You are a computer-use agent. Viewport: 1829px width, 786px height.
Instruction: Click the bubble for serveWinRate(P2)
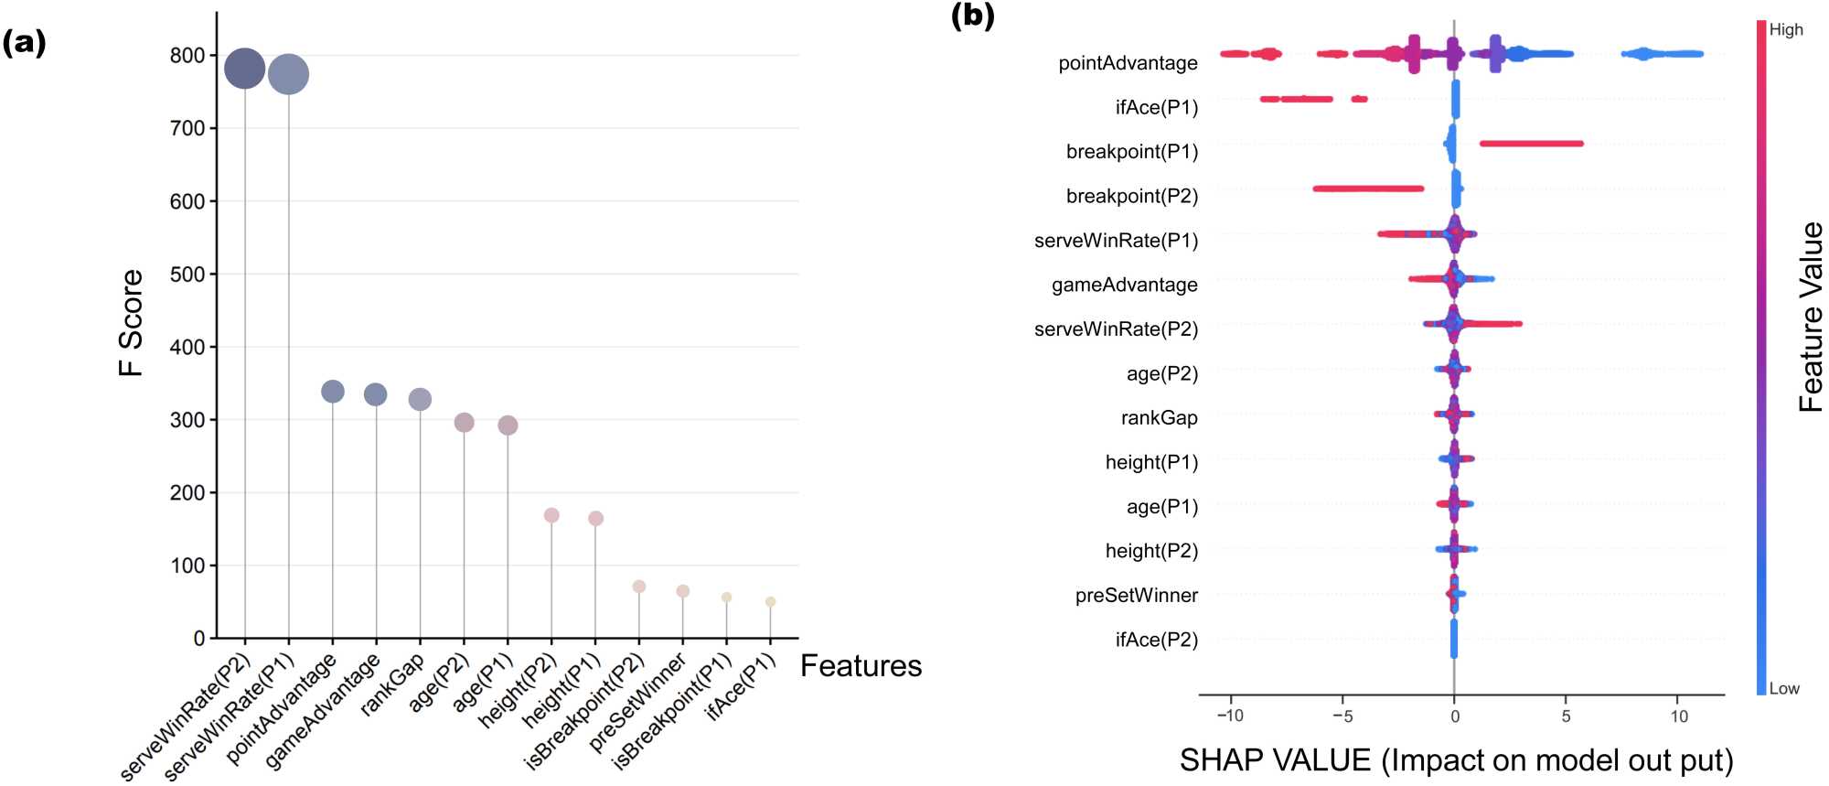(244, 69)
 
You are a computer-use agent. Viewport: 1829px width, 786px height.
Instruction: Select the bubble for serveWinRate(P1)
(288, 74)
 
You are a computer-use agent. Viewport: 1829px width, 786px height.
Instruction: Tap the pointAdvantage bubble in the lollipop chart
(333, 392)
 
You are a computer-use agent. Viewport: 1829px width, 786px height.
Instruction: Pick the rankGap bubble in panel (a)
(420, 399)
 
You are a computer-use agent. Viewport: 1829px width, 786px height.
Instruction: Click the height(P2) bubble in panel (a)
(551, 515)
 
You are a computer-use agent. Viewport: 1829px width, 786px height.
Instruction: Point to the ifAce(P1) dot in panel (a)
(770, 601)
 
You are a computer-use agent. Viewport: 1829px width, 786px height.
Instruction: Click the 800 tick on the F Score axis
(187, 56)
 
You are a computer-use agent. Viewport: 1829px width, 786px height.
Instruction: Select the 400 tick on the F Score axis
(187, 347)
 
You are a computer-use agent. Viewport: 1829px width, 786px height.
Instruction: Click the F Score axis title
(131, 322)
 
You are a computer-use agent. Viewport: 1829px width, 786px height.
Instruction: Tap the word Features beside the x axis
(861, 665)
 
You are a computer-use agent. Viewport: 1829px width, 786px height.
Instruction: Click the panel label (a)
(25, 42)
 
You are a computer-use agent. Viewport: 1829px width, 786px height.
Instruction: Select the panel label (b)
(972, 16)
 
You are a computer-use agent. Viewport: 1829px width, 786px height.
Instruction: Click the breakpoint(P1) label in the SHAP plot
(1131, 152)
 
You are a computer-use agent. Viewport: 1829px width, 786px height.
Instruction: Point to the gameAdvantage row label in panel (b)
(1124, 285)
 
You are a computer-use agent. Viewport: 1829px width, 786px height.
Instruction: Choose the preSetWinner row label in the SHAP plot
(1136, 596)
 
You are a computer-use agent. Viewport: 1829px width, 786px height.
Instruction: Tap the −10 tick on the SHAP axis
(1229, 716)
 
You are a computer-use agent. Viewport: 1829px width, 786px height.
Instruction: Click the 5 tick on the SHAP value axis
(1566, 716)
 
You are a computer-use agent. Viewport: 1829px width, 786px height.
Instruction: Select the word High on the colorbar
(1785, 29)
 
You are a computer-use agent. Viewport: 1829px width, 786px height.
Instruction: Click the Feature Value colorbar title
(1810, 316)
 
